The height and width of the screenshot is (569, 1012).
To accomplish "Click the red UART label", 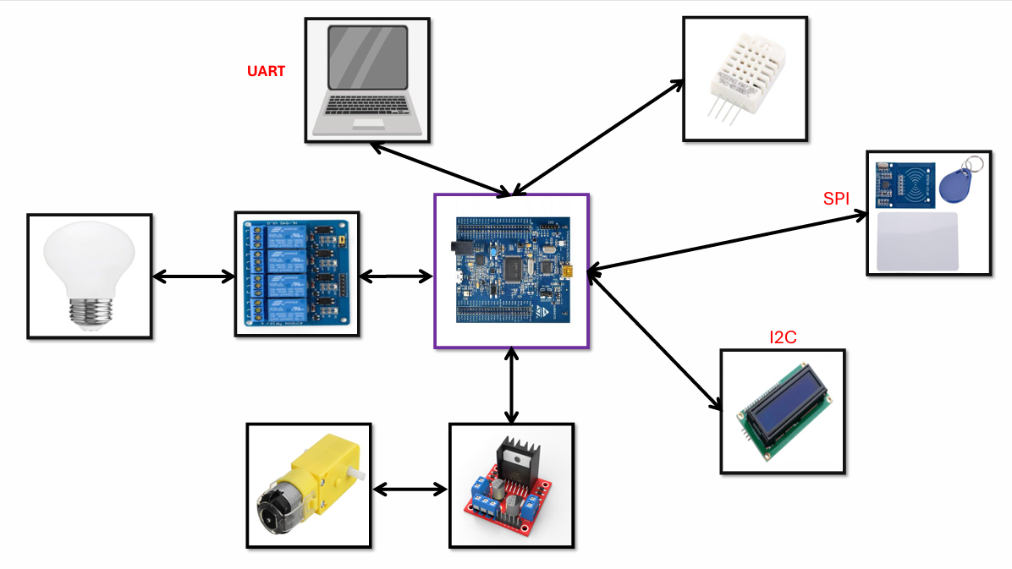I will point(266,72).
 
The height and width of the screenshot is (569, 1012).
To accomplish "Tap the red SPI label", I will point(836,200).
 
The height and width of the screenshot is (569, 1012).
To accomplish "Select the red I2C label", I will point(783,338).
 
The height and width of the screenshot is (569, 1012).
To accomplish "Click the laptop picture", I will point(367,80).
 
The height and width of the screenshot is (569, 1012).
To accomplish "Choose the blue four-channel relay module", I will point(296,274).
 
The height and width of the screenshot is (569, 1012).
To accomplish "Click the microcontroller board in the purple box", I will point(511,271).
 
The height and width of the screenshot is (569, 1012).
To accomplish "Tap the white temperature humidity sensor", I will point(745,79).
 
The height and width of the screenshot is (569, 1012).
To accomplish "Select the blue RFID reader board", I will point(903,183).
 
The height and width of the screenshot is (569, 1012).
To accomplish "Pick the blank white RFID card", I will point(917,241).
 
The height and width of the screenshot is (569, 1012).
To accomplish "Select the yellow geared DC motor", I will point(308,484).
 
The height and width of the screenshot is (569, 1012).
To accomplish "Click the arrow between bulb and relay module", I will point(193,276).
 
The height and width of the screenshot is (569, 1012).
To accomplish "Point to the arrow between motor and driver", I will point(410,489).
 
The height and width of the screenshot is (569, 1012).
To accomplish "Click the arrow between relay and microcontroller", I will point(397,276).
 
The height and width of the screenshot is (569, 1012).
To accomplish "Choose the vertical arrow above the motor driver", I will point(511,385).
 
